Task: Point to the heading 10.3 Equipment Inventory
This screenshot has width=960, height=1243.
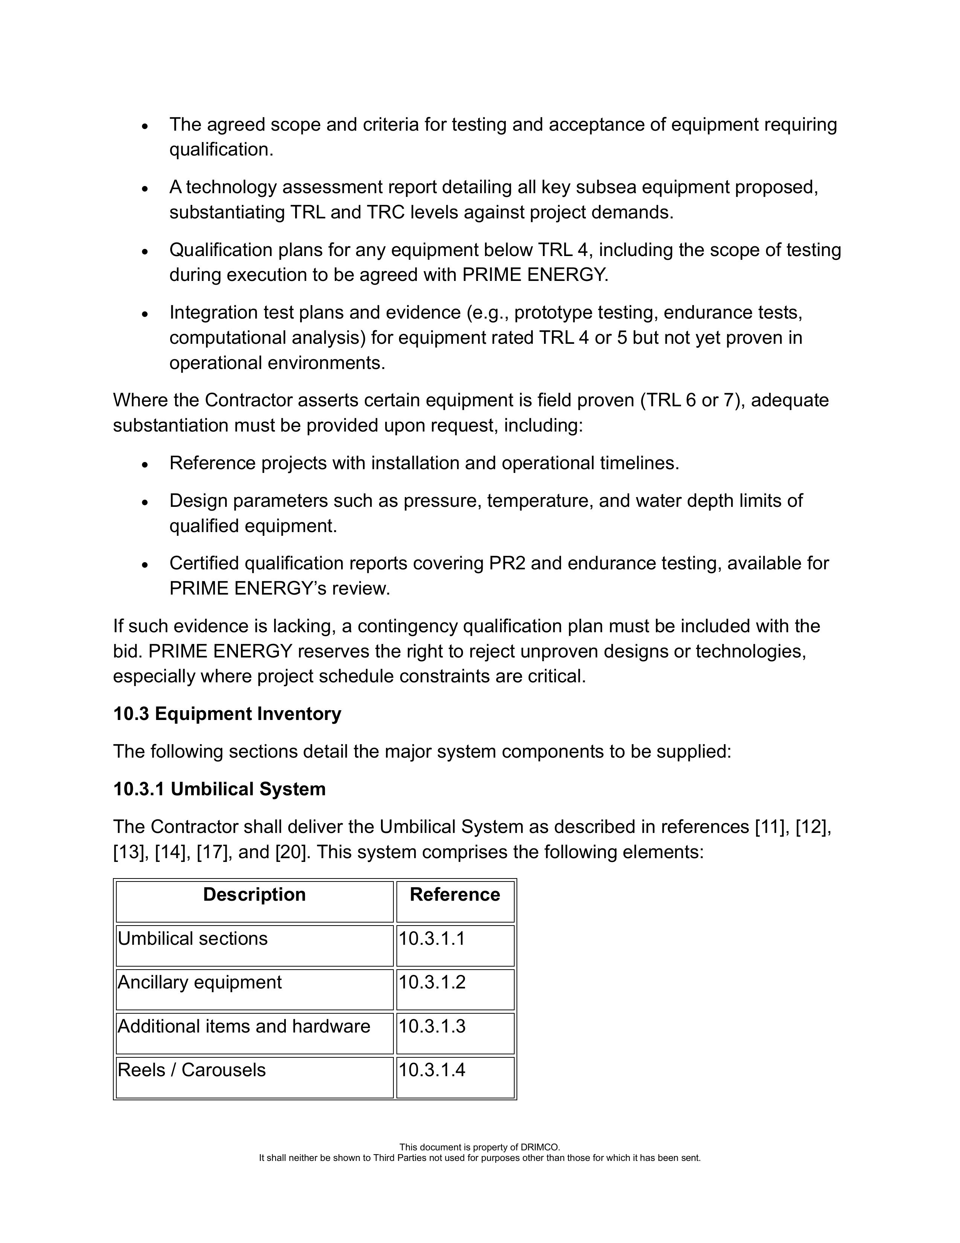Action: tap(227, 714)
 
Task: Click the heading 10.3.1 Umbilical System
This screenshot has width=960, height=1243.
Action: tap(219, 789)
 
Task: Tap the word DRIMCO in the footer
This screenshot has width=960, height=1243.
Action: tap(540, 1147)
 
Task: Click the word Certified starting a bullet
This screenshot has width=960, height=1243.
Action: tap(204, 563)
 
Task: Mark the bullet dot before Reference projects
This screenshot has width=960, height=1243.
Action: tap(146, 464)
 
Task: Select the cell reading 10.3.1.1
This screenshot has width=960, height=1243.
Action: tap(432, 938)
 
